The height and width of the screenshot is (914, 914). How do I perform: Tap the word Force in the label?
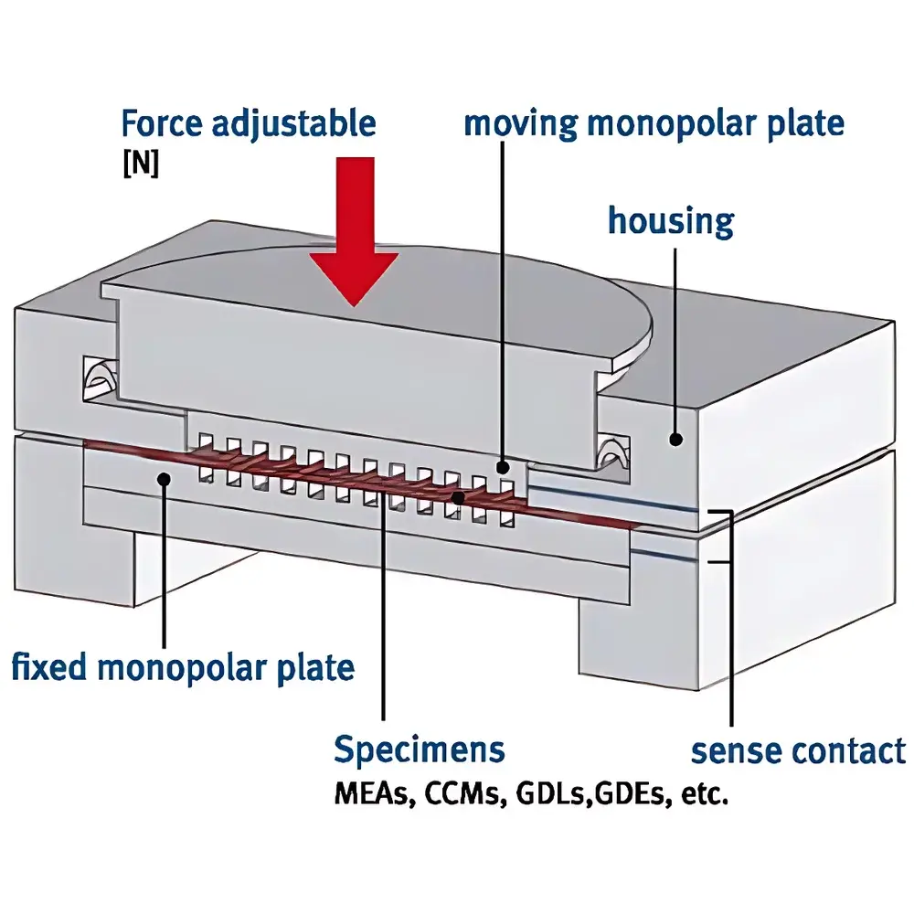pos(164,123)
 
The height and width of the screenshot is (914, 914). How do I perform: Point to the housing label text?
pos(670,220)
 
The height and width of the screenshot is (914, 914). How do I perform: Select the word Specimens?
pos(419,749)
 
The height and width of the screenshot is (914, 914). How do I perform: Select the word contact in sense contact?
pos(851,751)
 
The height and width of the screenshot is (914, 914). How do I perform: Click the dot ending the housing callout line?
pos(675,440)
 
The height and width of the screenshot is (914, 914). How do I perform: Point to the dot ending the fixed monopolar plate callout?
pos(165,477)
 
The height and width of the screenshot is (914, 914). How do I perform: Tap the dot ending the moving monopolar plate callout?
pos(504,468)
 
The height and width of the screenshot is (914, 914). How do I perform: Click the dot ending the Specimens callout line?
pos(457,497)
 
